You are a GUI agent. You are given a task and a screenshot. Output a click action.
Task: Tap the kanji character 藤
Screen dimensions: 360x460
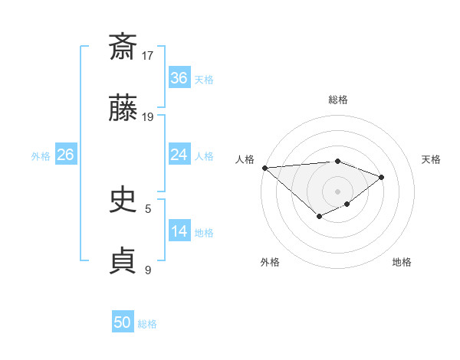123,110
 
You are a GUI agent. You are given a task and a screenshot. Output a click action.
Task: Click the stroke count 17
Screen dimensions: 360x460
148,55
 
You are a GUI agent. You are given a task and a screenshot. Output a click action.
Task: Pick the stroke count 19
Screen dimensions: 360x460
148,117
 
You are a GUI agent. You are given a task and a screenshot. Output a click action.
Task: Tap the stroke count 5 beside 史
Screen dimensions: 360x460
148,208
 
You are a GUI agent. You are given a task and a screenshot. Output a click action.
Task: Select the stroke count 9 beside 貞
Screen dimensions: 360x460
148,270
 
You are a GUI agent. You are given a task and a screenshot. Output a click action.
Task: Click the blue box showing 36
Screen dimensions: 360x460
179,78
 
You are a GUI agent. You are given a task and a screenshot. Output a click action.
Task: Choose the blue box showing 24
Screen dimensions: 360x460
179,155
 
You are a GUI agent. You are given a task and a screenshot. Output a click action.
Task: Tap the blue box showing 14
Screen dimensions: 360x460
179,231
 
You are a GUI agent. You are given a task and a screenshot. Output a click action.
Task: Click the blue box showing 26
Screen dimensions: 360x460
65,155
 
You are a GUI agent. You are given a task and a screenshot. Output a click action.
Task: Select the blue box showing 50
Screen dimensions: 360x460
123,322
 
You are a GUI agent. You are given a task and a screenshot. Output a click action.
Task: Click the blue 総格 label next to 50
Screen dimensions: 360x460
147,324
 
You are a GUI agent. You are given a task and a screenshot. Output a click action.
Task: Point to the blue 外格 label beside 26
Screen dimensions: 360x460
41,156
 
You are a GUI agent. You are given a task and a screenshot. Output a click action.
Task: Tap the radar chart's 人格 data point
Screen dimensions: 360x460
264,168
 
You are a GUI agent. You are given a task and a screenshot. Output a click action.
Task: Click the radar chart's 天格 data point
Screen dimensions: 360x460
381,177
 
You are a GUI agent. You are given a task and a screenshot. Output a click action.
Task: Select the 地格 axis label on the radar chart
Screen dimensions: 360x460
402,263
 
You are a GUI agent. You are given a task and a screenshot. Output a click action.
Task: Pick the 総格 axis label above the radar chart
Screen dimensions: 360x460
337,100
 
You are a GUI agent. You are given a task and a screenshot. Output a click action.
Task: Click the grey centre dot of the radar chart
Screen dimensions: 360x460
337,191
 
